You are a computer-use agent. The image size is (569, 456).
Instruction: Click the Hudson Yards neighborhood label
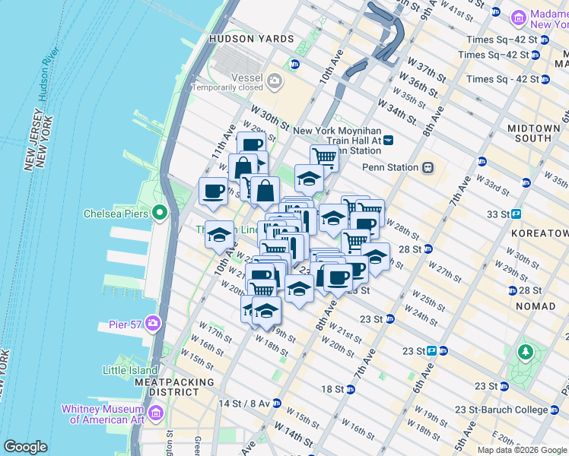click(x=251, y=39)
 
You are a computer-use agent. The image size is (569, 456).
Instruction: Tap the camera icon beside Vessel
click(x=274, y=78)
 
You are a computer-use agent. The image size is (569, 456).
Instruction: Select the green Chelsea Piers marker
click(x=159, y=213)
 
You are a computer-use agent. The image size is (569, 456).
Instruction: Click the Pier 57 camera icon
click(x=154, y=324)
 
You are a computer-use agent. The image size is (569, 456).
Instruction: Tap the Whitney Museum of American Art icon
click(x=156, y=413)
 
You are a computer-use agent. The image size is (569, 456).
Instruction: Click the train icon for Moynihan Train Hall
click(x=389, y=140)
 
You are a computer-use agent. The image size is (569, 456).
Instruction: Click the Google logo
click(x=25, y=447)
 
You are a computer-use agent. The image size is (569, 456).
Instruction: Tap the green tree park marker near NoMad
click(x=525, y=352)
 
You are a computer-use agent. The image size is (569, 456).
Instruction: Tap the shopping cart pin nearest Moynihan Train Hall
click(x=324, y=157)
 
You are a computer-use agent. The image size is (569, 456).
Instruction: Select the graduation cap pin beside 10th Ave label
click(x=219, y=234)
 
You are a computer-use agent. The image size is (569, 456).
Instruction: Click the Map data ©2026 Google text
click(x=522, y=450)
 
